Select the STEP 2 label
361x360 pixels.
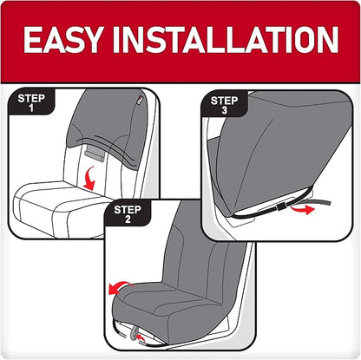128,214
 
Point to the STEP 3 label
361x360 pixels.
224,106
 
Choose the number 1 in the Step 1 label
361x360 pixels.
31,110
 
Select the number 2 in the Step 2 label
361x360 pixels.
128,220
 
